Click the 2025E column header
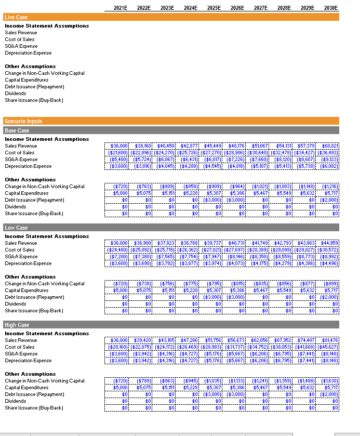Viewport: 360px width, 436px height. click(213, 8)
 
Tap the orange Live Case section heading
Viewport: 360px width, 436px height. click(16, 17)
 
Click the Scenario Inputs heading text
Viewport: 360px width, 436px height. click(23, 121)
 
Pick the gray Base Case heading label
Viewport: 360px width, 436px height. click(17, 130)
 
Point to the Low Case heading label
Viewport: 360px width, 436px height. click(16, 228)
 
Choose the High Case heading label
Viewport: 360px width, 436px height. click(17, 325)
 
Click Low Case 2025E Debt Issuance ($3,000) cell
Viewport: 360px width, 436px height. click(211, 297)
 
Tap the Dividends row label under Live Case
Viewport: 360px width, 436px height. click(15, 94)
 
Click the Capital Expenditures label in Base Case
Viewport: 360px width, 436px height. click(26, 193)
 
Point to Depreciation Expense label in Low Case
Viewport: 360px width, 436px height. click(28, 263)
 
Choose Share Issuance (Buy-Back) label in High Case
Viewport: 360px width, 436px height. click(34, 408)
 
